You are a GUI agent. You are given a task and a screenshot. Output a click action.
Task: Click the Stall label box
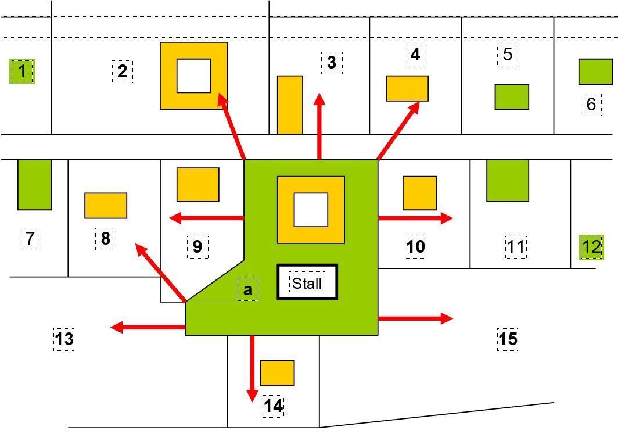click(x=307, y=283)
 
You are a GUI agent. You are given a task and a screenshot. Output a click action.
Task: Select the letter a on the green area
click(x=248, y=289)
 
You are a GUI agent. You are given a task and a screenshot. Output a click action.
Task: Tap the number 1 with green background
click(x=22, y=72)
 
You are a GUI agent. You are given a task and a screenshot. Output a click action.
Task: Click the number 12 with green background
click(x=591, y=247)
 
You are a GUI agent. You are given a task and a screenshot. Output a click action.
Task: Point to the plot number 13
click(x=64, y=339)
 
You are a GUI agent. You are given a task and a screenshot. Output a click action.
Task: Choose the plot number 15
click(x=508, y=339)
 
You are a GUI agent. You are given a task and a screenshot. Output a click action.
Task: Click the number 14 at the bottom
click(x=274, y=406)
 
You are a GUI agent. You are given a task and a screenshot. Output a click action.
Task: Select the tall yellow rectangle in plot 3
click(x=290, y=105)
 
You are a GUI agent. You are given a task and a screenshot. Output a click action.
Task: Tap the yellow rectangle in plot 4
click(x=407, y=88)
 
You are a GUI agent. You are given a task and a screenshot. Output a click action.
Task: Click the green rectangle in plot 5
click(x=512, y=96)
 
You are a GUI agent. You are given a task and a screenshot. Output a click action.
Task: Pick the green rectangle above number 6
click(x=595, y=71)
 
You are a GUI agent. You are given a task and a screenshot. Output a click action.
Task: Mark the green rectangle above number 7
click(x=34, y=184)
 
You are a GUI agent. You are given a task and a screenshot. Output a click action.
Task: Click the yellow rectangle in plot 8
click(x=106, y=206)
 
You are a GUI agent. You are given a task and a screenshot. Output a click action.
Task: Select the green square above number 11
click(x=507, y=181)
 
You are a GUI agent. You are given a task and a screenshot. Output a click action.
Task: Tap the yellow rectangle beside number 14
click(x=277, y=373)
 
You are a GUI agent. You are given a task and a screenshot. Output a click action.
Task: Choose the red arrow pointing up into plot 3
click(x=319, y=125)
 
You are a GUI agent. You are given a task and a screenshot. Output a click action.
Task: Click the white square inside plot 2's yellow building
click(x=193, y=76)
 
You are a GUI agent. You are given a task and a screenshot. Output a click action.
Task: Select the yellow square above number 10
click(x=419, y=193)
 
